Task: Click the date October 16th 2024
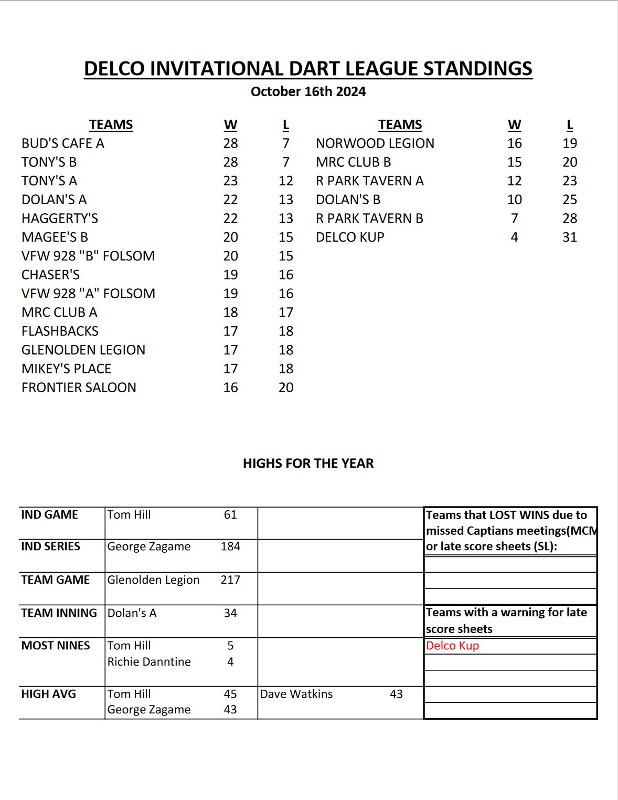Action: click(308, 92)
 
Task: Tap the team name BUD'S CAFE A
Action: click(63, 143)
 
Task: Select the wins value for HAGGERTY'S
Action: click(230, 218)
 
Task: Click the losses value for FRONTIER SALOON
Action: click(286, 387)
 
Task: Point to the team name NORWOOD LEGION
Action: click(375, 143)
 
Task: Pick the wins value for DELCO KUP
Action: click(514, 237)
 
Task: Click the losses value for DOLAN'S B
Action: click(570, 199)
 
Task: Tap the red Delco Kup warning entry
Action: click(452, 646)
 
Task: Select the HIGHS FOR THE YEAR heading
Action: click(308, 464)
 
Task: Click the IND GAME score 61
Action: click(230, 515)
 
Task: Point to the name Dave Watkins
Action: click(296, 694)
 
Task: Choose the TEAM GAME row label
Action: click(56, 580)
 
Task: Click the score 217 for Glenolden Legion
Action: click(230, 580)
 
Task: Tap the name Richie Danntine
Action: click(149, 662)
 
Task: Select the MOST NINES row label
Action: click(56, 646)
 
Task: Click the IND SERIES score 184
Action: click(230, 546)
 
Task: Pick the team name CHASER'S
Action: click(50, 275)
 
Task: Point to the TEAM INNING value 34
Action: click(230, 613)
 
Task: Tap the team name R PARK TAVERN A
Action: click(369, 181)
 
